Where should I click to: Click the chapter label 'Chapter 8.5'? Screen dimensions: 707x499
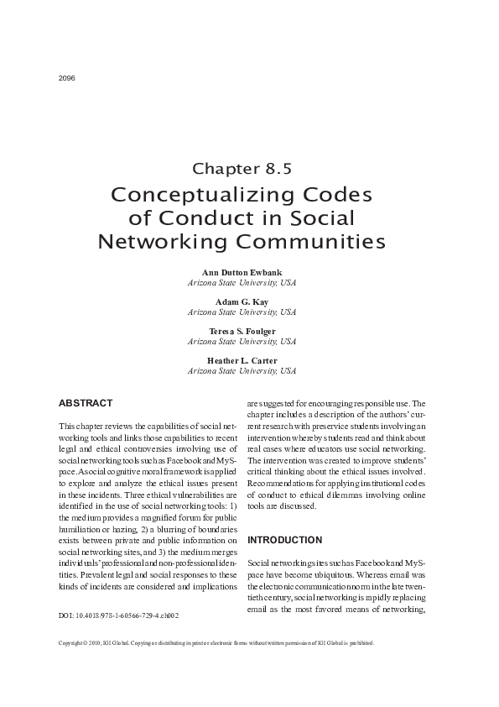tap(242, 167)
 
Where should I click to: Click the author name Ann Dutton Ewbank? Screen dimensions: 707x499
tap(242, 274)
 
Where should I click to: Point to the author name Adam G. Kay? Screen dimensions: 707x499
tap(242, 302)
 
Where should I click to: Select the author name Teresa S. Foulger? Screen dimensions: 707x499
tap(242, 332)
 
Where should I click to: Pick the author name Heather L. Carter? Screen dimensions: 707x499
tap(242, 361)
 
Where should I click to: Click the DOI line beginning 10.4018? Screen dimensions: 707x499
tap(119, 615)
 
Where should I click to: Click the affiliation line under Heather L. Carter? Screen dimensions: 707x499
tap(242, 370)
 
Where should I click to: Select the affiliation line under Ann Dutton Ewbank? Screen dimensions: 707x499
tap(242, 283)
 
